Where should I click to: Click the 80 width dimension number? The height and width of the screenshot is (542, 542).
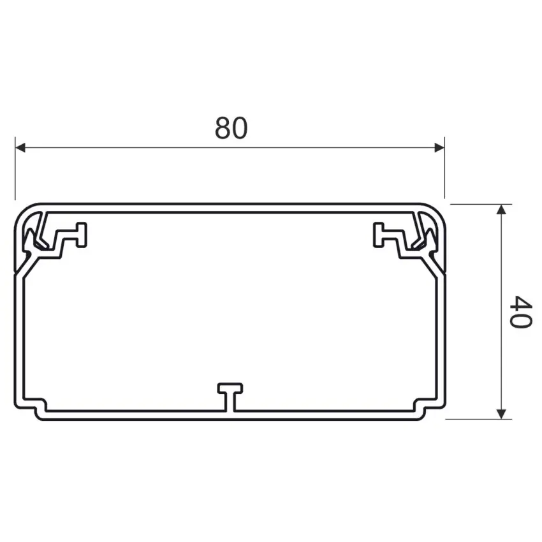(x=231, y=128)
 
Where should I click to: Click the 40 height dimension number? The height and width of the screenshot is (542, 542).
(x=520, y=312)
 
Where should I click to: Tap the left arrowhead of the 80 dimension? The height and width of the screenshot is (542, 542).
(x=20, y=148)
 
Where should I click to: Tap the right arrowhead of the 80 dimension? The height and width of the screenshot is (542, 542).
(x=439, y=148)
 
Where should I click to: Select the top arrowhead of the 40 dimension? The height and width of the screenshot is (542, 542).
(x=501, y=209)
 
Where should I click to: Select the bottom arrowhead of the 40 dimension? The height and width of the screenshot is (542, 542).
(x=501, y=414)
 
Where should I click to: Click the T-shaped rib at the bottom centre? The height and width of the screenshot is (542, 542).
(x=230, y=397)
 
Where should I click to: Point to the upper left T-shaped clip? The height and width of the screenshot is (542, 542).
(x=71, y=235)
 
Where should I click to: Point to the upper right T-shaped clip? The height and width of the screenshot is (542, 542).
(x=389, y=235)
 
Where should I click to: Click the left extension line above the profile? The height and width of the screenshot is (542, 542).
(x=15, y=168)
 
